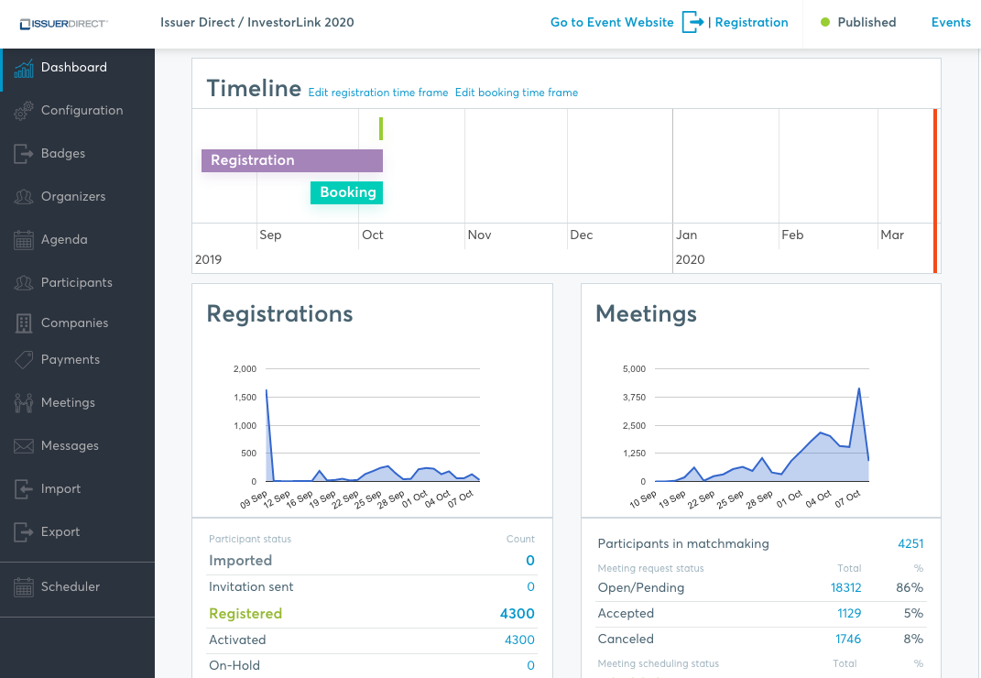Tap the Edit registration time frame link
378,93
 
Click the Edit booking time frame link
517,93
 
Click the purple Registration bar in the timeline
291,160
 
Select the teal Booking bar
346,192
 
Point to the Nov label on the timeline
479,235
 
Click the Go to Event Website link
612,23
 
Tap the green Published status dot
825,23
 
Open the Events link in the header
951,23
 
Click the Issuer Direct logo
64,24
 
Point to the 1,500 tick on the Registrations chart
245,398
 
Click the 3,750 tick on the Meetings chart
634,398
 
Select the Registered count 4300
517,614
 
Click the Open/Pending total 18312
845,588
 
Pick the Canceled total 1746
848,640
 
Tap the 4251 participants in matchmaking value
910,544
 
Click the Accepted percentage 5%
913,614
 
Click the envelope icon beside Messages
24,446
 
